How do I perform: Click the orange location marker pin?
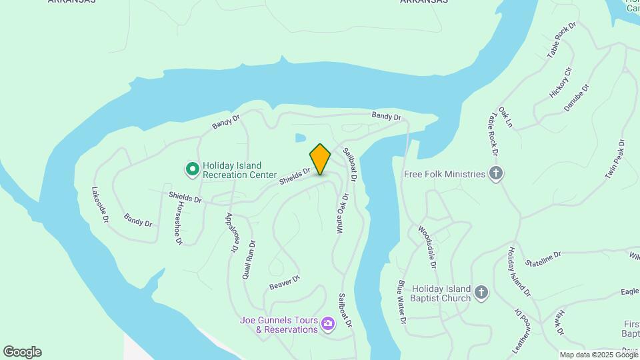click(321, 159)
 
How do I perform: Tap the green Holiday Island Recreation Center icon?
click(192, 169)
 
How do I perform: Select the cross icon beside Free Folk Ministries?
click(495, 174)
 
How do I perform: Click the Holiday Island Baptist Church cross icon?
click(481, 293)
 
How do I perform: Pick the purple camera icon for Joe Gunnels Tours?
click(327, 324)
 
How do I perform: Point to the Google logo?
click(22, 352)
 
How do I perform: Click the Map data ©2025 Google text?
click(598, 355)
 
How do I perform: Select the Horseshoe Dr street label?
click(177, 223)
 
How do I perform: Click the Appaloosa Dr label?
click(231, 232)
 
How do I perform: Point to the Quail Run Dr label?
click(248, 259)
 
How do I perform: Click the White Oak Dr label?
click(341, 213)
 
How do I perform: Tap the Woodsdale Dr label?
click(427, 247)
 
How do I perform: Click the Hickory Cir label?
click(560, 83)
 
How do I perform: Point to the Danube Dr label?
click(577, 97)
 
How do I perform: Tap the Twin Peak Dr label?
click(614, 159)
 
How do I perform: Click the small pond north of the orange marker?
click(301, 138)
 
